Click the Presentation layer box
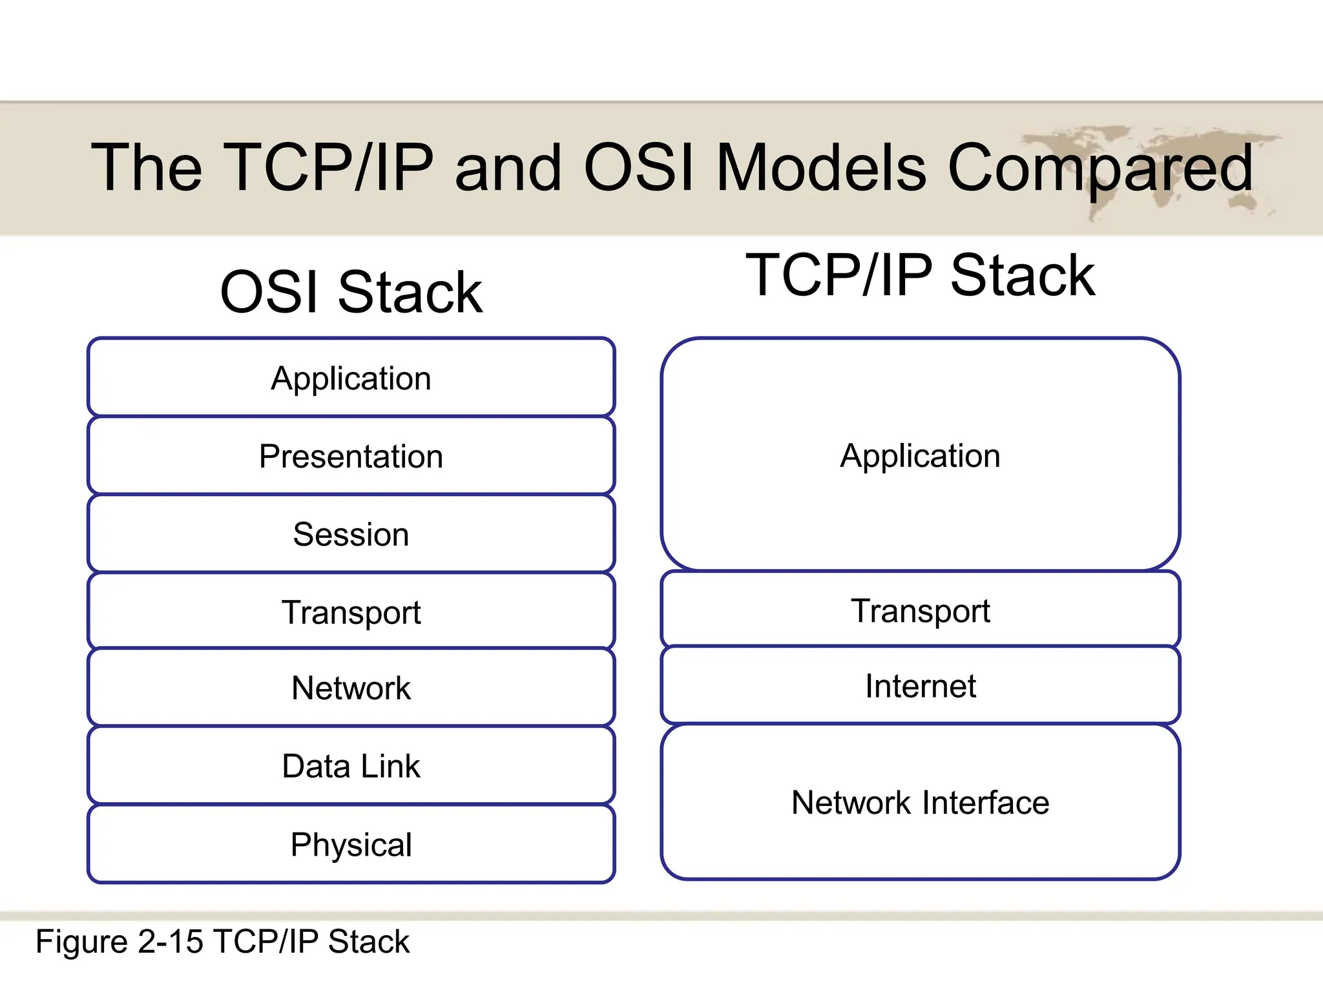click(351, 456)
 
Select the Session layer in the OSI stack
click(351, 534)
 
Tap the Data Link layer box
click(351, 766)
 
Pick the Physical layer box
click(351, 844)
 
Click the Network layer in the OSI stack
click(351, 688)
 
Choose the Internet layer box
click(920, 686)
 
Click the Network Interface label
click(920, 803)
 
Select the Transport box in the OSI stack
click(351, 612)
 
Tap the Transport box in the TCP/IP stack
click(920, 610)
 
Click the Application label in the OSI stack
click(351, 378)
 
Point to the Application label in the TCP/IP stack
click(920, 455)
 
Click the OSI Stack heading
click(351, 293)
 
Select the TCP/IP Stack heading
click(920, 276)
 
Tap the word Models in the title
click(821, 168)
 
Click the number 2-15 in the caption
click(171, 942)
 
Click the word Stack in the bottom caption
click(368, 942)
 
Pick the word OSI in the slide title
click(639, 168)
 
